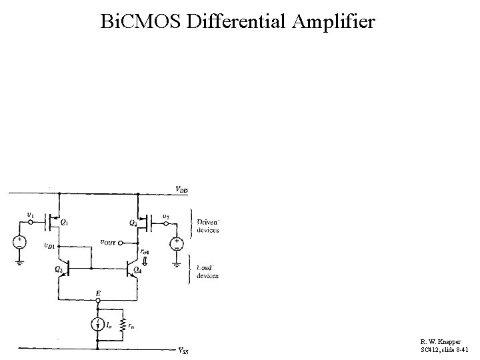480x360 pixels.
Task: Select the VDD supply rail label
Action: (181, 190)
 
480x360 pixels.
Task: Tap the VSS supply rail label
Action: (183, 351)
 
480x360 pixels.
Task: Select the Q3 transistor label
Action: (58, 269)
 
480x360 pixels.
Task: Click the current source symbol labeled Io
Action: (98, 325)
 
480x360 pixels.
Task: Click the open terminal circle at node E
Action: (98, 301)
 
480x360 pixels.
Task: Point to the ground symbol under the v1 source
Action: (20, 262)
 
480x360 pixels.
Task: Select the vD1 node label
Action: (49, 245)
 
